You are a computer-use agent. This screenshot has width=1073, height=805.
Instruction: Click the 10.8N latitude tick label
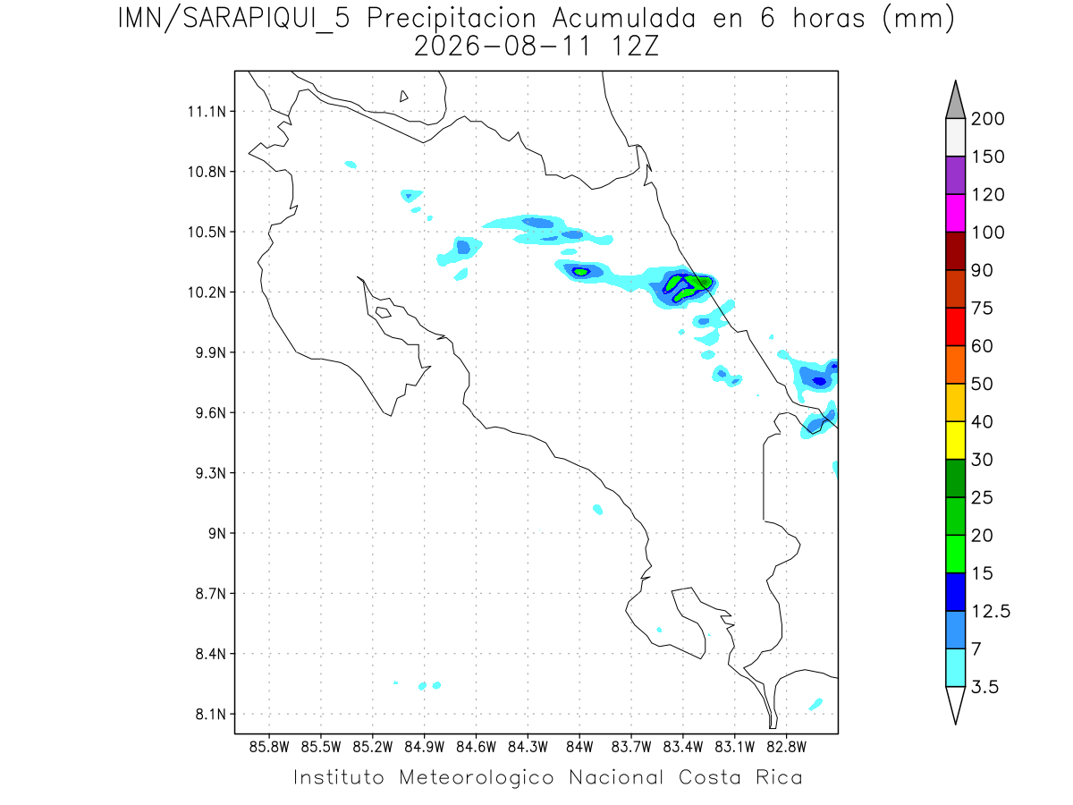pos(207,172)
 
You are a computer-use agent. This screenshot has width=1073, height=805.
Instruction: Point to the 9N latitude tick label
pos(217,533)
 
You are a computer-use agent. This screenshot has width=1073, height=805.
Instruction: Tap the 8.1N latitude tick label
pos(211,714)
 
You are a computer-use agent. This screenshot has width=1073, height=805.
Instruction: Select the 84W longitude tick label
pos(579,747)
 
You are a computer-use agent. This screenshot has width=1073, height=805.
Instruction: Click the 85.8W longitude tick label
pos(269,747)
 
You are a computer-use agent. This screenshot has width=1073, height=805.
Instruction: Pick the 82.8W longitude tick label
pos(786,747)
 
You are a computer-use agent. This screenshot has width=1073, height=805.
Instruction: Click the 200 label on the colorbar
pos(987,119)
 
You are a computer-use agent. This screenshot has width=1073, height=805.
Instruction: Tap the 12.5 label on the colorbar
pos(991,612)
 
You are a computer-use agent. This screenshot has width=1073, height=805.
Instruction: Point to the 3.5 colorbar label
pos(984,687)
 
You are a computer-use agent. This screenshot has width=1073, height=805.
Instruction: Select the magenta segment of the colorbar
pos(955,213)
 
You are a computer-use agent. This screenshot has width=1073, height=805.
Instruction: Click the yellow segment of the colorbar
pos(955,440)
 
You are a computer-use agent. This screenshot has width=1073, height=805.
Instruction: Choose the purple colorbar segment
pos(955,175)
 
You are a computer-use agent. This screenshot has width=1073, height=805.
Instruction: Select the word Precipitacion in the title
pos(452,20)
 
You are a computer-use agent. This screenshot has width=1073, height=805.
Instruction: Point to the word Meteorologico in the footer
pos(477,777)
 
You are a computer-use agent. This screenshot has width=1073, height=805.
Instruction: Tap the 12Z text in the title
pos(635,47)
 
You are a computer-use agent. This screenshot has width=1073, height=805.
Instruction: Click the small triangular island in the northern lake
pos(403,97)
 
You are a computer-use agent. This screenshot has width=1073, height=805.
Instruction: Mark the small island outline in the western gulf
pos(384,312)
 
